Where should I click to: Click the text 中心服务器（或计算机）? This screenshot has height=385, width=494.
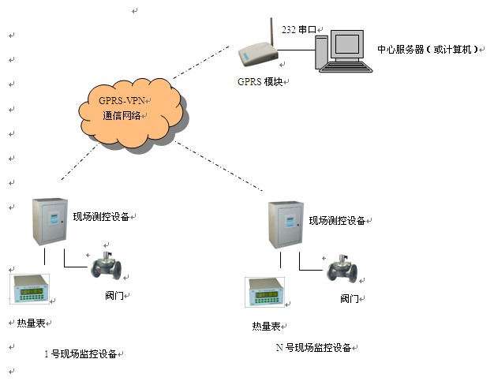click(x=428, y=50)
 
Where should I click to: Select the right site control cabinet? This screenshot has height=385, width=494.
click(x=285, y=226)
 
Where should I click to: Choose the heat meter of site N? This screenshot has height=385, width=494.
click(x=268, y=293)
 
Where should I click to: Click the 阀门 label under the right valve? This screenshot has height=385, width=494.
click(x=350, y=299)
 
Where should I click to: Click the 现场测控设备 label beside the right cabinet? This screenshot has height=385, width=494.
click(x=337, y=221)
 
